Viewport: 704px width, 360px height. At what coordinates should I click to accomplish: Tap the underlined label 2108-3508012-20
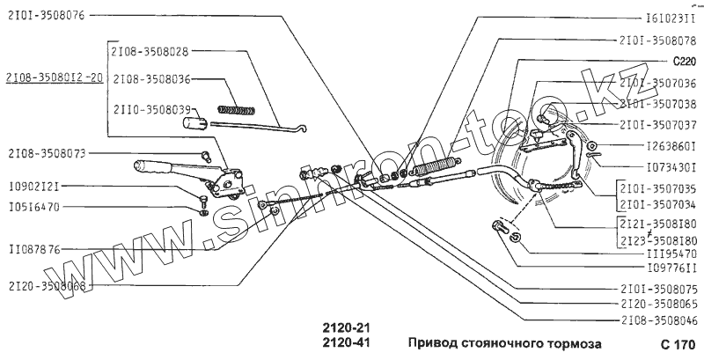coord(53,77)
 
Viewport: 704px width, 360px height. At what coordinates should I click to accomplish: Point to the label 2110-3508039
coord(150,108)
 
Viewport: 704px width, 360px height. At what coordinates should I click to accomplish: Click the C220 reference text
coord(684,62)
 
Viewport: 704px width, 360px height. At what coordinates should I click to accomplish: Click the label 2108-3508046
coord(659,320)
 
